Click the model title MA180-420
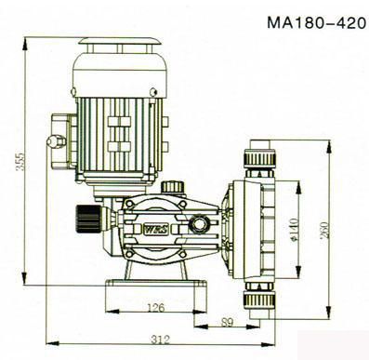[x=316, y=22]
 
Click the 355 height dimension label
[x=20, y=161]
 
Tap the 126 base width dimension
[x=155, y=308]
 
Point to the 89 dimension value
[x=227, y=323]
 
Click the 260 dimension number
[x=323, y=230]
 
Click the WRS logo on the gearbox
[x=155, y=230]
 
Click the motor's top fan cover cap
[x=119, y=41]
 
